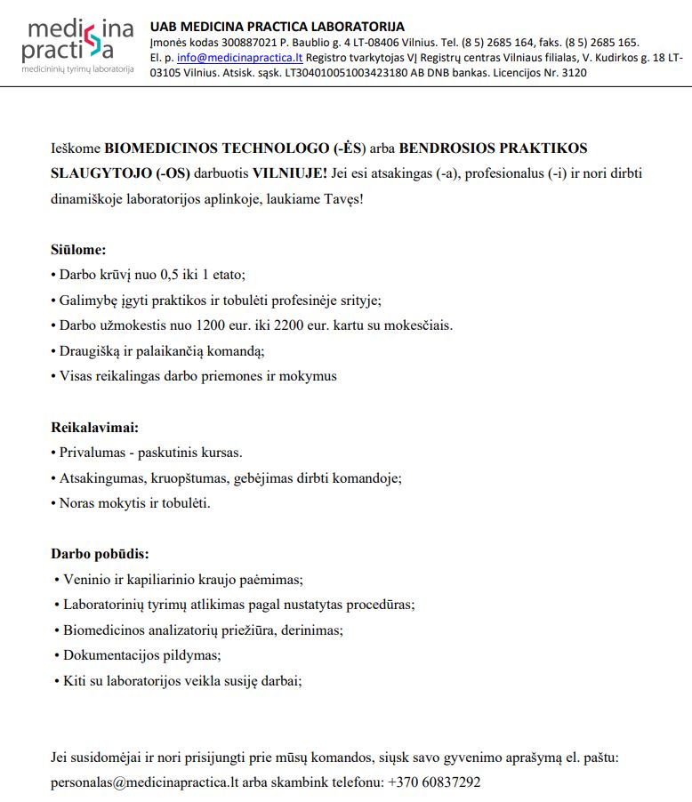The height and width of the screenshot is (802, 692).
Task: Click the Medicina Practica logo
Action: (x=78, y=44)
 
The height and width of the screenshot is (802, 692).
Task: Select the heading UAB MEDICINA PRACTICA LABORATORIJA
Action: (x=278, y=27)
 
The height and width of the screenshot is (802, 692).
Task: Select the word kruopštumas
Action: (x=191, y=477)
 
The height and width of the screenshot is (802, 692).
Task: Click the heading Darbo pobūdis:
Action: (x=100, y=554)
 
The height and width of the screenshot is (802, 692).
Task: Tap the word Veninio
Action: (x=87, y=580)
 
